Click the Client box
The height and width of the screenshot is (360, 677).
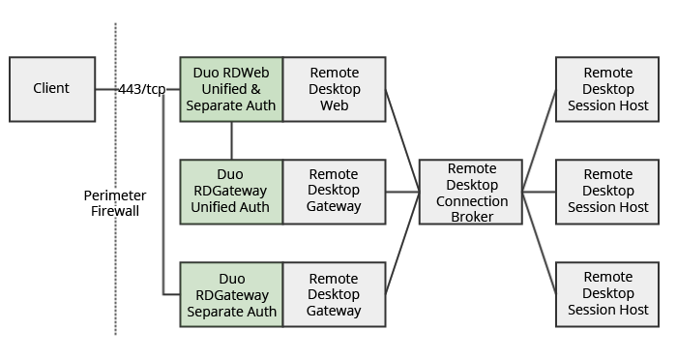[52, 89]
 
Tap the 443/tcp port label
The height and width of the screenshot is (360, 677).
[142, 89]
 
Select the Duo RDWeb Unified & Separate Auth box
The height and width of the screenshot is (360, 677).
[231, 89]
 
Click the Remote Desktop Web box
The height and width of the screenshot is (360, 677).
[334, 89]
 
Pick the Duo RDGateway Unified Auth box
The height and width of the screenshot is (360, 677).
[231, 192]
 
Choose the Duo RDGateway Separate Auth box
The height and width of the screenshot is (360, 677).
[231, 295]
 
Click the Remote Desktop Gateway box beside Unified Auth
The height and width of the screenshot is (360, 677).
[334, 192]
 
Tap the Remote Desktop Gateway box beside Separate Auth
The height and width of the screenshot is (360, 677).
[334, 295]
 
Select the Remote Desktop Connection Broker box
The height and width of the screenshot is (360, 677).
[471, 192]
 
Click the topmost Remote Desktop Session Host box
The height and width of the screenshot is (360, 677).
[608, 89]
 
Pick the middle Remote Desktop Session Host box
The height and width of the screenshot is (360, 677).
[608, 192]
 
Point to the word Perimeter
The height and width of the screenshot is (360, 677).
[115, 195]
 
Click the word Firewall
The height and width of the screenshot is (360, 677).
[115, 210]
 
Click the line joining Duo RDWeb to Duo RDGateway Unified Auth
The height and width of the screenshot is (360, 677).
[231, 140]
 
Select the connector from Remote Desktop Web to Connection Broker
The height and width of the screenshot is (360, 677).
[402, 140]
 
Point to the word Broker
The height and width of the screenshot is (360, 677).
[471, 217]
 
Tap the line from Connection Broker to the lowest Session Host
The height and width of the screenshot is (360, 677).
[539, 242]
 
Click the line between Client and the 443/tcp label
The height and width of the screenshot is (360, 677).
[106, 89]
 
